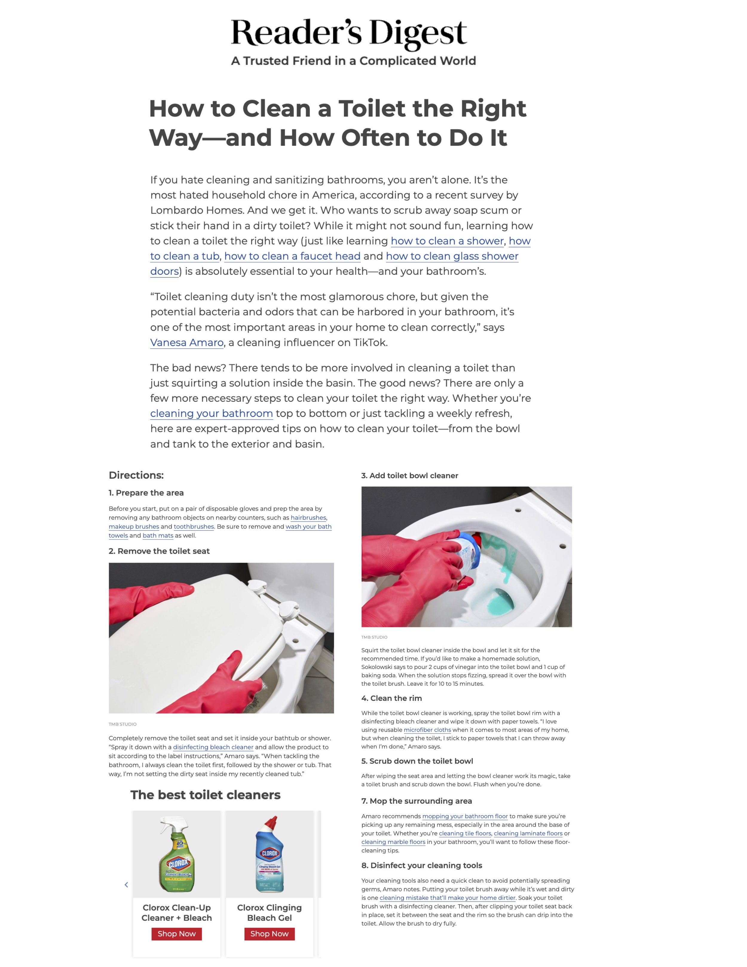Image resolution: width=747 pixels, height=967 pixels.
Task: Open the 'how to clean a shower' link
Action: click(447, 241)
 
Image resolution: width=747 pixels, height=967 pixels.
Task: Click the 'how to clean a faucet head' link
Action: click(292, 256)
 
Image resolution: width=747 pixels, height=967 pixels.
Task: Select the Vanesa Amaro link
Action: click(187, 343)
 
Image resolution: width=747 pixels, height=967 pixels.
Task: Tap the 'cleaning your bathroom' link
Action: click(212, 413)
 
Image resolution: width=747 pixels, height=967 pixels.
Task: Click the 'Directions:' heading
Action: click(136, 475)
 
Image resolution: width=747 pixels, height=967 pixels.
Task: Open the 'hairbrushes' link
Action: click(308, 518)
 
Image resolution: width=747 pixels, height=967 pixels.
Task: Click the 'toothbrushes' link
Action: click(194, 526)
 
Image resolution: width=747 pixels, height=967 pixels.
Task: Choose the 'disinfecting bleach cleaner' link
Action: click(213, 747)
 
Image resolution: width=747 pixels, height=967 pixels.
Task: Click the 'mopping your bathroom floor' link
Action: click(465, 816)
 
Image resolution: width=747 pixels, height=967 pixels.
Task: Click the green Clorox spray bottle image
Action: click(177, 854)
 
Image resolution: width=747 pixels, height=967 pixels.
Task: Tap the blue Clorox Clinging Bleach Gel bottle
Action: click(270, 854)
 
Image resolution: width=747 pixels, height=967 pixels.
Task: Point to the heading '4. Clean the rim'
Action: click(392, 698)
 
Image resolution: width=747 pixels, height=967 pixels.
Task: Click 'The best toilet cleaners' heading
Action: click(205, 795)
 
